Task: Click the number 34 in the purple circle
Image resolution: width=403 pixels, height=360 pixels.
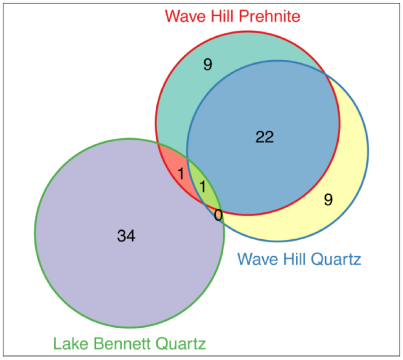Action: pos(126,236)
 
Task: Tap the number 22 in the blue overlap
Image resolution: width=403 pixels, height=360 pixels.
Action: pos(265,137)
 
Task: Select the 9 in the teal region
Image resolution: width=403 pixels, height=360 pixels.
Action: pos(207,65)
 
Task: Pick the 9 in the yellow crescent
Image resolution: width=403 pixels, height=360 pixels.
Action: pos(328,200)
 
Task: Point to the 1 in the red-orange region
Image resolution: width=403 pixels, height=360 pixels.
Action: pos(181,174)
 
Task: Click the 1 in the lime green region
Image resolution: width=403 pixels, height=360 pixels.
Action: pos(202,186)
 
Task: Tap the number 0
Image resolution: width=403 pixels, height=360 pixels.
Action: pos(218,216)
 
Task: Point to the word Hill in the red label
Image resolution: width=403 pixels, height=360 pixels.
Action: pos(221,17)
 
